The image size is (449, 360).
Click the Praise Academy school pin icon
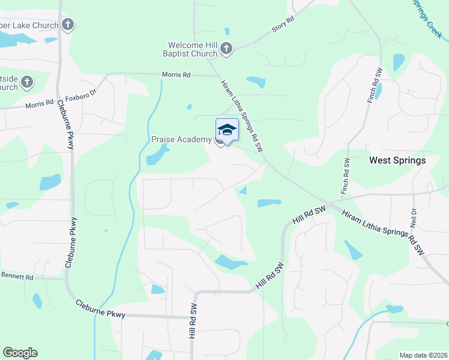227,130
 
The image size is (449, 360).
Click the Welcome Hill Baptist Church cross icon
226,49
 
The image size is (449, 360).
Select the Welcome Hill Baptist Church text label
192,49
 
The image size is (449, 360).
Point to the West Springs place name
397,160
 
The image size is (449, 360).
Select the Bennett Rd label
17,277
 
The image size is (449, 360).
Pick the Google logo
20,353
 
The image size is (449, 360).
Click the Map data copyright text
423,355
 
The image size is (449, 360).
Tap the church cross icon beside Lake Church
68,25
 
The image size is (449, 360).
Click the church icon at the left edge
27,82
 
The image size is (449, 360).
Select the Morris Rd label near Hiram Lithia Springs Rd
176,75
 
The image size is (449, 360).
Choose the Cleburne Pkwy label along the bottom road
100,309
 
